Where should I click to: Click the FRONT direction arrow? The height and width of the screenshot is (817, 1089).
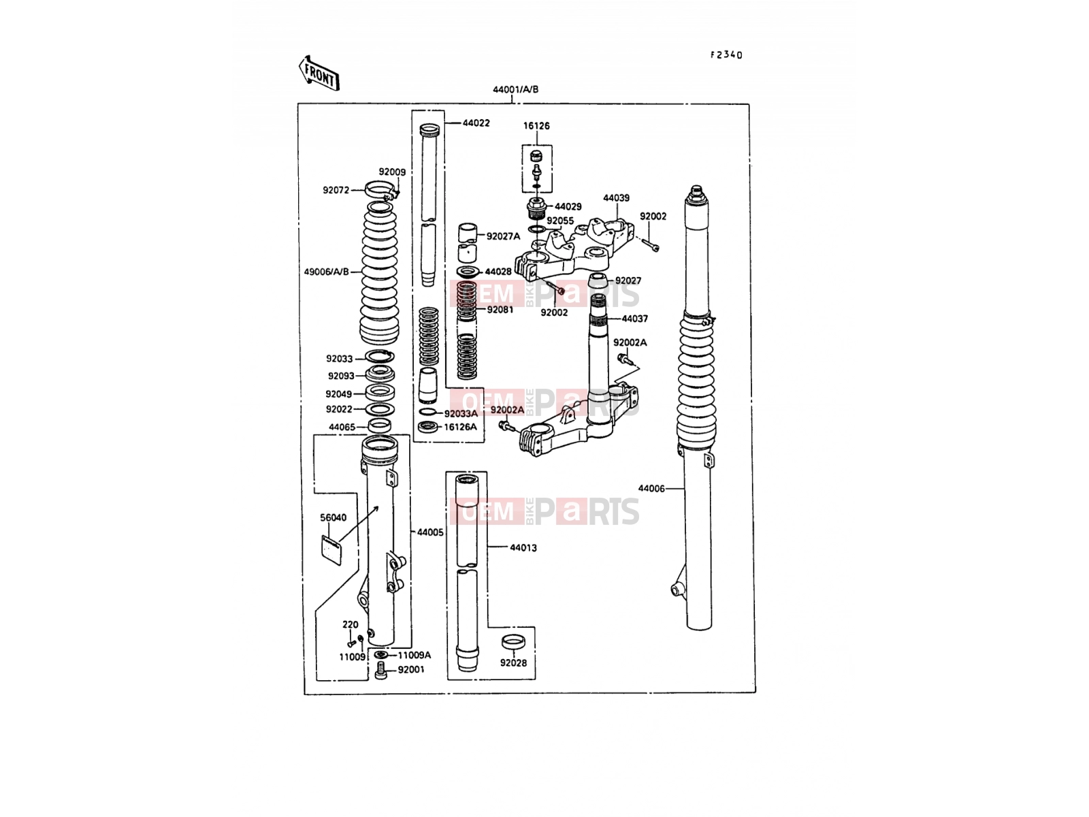[319, 73]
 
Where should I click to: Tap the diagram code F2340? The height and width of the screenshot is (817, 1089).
[726, 55]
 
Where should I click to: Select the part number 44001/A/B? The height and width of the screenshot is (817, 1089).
[515, 90]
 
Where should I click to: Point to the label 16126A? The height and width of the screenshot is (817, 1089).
[460, 427]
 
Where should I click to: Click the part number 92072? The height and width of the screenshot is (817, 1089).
[336, 190]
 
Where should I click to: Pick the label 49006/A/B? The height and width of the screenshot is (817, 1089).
[327, 272]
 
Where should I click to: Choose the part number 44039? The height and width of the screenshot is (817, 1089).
[616, 198]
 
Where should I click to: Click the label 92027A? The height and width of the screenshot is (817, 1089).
[503, 237]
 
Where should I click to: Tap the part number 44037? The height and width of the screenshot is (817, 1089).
[634, 319]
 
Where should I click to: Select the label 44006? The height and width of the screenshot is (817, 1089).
[651, 489]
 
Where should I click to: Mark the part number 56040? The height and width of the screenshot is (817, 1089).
[333, 518]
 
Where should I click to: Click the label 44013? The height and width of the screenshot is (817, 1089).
[523, 548]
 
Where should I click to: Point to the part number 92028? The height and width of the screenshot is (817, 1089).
[513, 663]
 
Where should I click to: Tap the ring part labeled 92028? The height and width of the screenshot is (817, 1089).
[513, 642]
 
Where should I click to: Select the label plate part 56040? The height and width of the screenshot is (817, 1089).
[331, 549]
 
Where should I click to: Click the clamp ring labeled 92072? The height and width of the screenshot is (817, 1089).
[380, 189]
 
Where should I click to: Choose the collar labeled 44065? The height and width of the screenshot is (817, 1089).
[380, 426]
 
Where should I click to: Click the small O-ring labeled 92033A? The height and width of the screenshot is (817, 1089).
[428, 412]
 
